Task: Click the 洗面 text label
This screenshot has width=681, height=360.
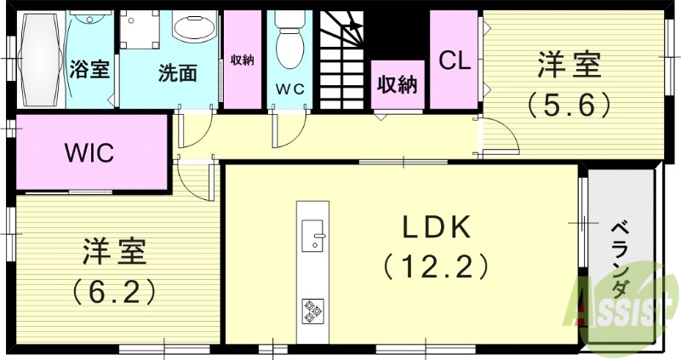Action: pos(177,72)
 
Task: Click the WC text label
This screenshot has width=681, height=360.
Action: pos(290,87)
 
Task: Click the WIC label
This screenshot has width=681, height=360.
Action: pos(90,153)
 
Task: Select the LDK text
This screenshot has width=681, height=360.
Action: pos(436,227)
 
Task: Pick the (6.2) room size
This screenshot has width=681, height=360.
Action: pos(114,292)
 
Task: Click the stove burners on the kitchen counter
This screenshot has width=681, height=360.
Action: pos(312,311)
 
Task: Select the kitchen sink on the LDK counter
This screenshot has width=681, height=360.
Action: pos(314,234)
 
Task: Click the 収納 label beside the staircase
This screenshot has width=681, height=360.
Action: pos(397,86)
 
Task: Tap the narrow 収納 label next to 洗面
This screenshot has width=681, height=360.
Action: pos(242,60)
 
